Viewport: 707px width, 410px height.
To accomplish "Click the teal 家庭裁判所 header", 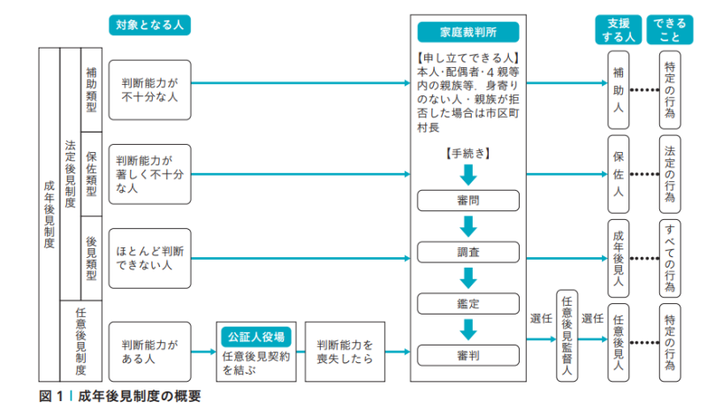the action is pos(468,32).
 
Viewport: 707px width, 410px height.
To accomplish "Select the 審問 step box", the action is pos(468,201).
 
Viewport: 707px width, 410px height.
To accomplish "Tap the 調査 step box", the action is pos(468,252).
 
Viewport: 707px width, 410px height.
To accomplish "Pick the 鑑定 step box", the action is pos(468,304).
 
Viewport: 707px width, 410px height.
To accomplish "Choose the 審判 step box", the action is pos(468,355).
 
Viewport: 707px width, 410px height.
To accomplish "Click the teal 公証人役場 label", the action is pos(256,337).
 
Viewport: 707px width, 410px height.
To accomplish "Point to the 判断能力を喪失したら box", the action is pos(345,352).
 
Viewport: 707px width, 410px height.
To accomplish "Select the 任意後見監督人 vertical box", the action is pos(566,336).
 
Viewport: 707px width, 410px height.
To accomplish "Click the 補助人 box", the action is pos(618,90).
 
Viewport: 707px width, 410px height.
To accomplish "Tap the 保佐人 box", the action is pos(618,174).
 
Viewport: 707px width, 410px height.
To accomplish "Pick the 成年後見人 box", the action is pos(618,258).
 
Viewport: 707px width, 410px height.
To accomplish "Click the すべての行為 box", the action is pos(670,258).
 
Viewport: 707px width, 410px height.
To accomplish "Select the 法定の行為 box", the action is pos(670,174).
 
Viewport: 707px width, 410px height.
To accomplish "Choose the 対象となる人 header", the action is pos(149,25).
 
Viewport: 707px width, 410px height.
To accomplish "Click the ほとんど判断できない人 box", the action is pos(149,258).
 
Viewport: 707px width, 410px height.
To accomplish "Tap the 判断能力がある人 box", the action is pos(149,352).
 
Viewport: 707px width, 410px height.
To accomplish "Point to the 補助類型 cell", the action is pos(92,90).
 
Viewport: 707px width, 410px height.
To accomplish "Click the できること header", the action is pos(670,30).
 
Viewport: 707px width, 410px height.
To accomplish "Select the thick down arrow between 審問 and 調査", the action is pos(468,226).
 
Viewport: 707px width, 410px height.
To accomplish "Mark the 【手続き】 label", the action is pos(468,154).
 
